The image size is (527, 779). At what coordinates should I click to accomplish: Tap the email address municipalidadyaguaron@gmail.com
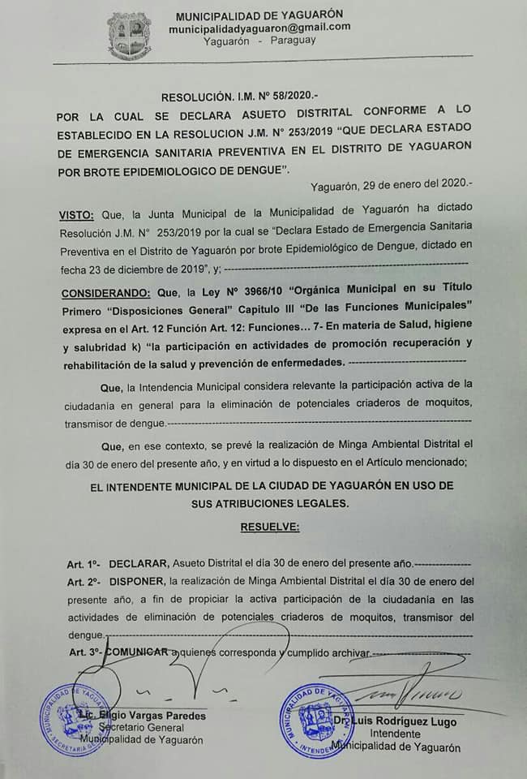coord(259,28)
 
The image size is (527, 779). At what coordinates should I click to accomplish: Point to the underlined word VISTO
coord(76,215)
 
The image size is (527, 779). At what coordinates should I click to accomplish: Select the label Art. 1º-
coord(84,564)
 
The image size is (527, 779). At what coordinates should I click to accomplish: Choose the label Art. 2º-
coord(84,582)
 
